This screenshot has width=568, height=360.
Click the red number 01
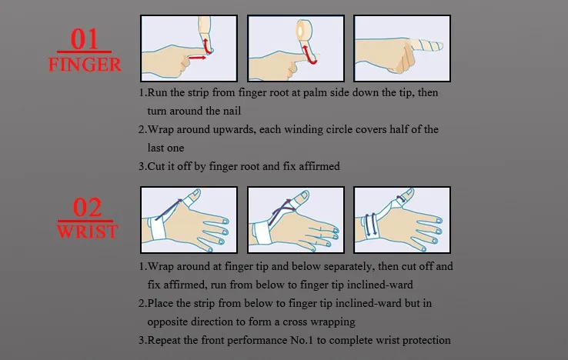84,39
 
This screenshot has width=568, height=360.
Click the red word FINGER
85,65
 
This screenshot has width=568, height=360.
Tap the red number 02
87,208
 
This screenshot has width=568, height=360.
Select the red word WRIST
87,232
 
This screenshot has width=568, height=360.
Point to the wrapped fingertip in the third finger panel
426,45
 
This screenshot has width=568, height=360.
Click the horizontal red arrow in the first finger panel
197,57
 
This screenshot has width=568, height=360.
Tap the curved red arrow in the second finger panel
309,55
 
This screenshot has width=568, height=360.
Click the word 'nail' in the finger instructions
232,111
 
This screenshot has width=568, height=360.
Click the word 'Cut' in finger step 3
156,166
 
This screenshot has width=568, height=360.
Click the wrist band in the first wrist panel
157,228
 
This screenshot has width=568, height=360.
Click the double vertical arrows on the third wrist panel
371,225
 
